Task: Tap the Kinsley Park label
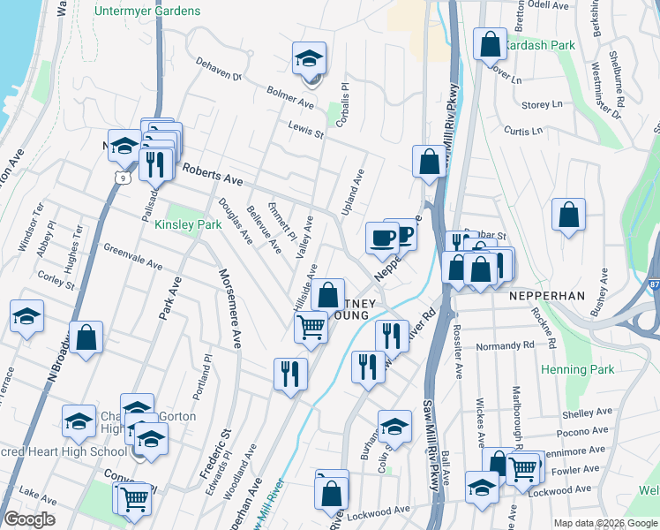coord(188,225)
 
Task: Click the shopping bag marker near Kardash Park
coord(489,44)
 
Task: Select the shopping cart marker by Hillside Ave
coord(311,328)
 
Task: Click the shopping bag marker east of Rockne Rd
coord(569,214)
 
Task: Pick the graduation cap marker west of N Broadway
coord(27,316)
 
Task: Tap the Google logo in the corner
coord(29,519)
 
